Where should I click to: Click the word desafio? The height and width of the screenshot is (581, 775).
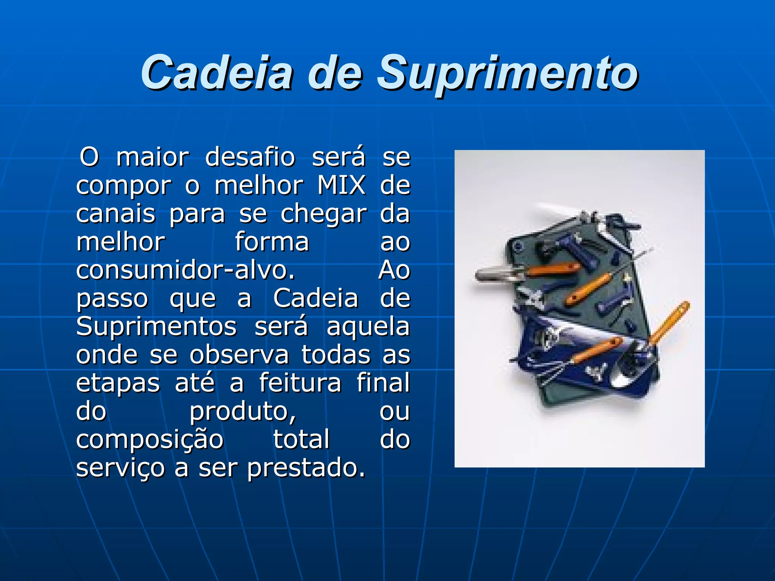tap(250, 157)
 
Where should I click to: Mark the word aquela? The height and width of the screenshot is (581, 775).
tap(368, 327)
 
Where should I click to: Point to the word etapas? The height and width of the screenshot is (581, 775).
tap(118, 383)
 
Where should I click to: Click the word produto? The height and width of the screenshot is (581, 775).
tap(243, 411)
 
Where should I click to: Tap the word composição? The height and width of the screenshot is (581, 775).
tap(150, 440)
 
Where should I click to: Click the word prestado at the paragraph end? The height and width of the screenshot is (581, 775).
tap(307, 468)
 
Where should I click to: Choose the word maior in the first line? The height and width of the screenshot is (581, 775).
tap(153, 157)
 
